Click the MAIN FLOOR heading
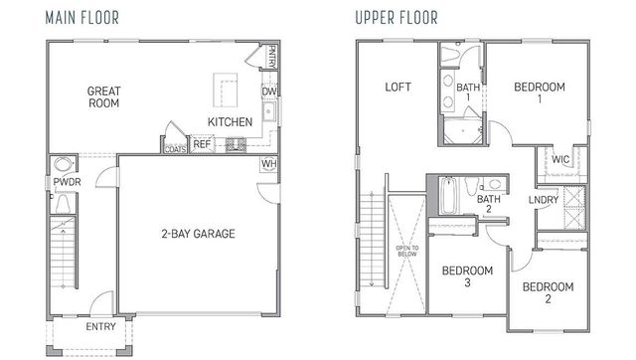pos(83,18)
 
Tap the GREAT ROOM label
pos(103,95)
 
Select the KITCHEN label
pos(230,122)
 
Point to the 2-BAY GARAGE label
pos(199,235)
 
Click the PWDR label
pos(67,183)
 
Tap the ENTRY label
pos(100,326)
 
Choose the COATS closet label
pos(176,148)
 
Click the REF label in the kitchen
pos(202,145)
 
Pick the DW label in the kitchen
pos(268,92)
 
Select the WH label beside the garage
pos(268,164)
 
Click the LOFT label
pos(397,88)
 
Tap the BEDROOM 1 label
pos(540,92)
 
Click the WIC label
pos(560,159)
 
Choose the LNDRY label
pos(543,200)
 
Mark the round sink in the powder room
pos(65,164)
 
